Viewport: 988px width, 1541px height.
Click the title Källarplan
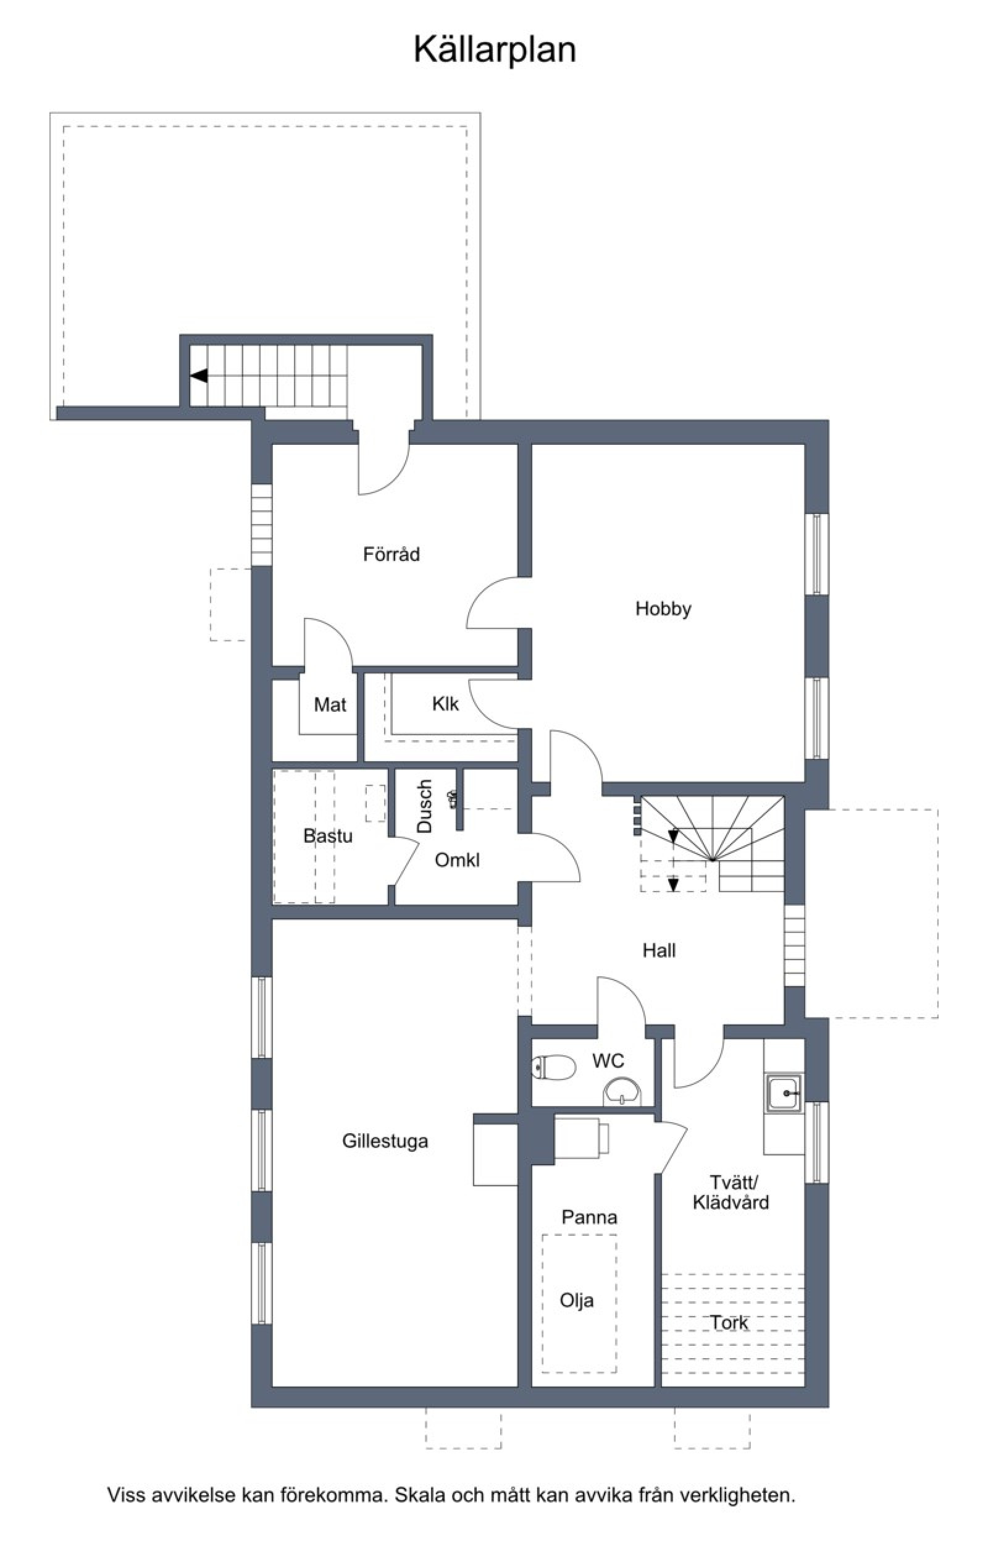(495, 50)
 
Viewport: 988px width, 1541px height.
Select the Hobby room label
(663, 609)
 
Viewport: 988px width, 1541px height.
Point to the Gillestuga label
(385, 1141)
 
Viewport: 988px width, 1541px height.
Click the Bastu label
(328, 835)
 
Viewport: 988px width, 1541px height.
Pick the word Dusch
(425, 806)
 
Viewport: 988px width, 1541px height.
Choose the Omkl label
(457, 860)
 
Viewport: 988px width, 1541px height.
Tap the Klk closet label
(445, 704)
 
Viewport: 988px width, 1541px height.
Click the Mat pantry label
(330, 705)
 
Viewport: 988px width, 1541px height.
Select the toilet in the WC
(555, 1066)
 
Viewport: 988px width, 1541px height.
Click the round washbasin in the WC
(622, 1092)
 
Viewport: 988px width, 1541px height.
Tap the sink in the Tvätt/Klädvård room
(784, 1093)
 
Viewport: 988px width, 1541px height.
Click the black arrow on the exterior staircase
(199, 376)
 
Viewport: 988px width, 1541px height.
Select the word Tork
(729, 1322)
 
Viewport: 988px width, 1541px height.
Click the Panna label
(590, 1217)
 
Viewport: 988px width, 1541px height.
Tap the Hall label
(659, 950)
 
